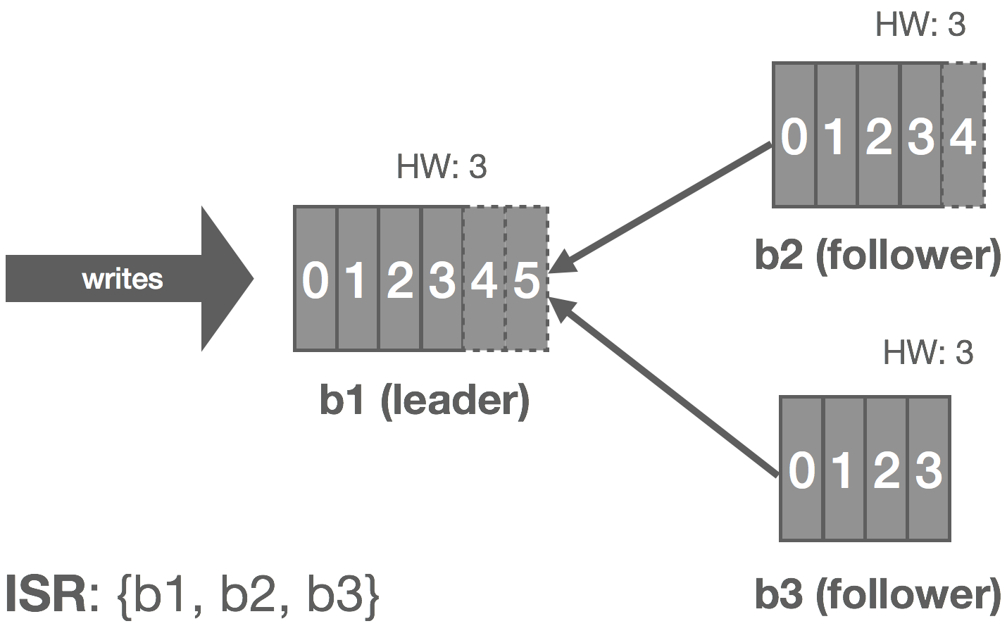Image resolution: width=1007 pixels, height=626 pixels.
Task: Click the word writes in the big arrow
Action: click(x=123, y=279)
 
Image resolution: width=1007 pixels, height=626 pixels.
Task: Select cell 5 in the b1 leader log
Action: click(x=527, y=279)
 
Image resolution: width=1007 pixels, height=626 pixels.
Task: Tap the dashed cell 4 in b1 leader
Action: click(x=484, y=279)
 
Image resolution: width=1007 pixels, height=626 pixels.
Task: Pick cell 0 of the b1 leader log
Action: click(x=315, y=279)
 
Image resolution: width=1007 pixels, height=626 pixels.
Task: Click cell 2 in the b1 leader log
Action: click(x=400, y=279)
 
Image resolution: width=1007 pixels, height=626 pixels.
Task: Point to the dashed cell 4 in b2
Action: click(x=963, y=134)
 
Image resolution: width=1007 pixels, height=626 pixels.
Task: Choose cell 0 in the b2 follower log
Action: click(x=794, y=134)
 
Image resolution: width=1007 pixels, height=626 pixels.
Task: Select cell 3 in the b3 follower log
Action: click(x=929, y=469)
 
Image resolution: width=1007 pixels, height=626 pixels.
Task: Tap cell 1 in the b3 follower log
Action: click(x=844, y=469)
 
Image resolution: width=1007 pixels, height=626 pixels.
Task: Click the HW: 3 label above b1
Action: click(x=442, y=167)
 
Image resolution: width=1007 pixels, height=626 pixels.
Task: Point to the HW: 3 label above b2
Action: click(x=920, y=24)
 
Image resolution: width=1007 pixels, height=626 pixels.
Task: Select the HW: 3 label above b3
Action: click(x=928, y=352)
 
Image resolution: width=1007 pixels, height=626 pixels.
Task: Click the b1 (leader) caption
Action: click(x=425, y=401)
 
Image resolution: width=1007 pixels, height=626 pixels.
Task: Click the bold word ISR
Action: click(x=46, y=594)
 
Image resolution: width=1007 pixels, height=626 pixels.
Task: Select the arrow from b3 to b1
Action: click(x=663, y=387)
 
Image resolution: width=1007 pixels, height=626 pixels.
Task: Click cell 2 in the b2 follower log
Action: click(x=879, y=134)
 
